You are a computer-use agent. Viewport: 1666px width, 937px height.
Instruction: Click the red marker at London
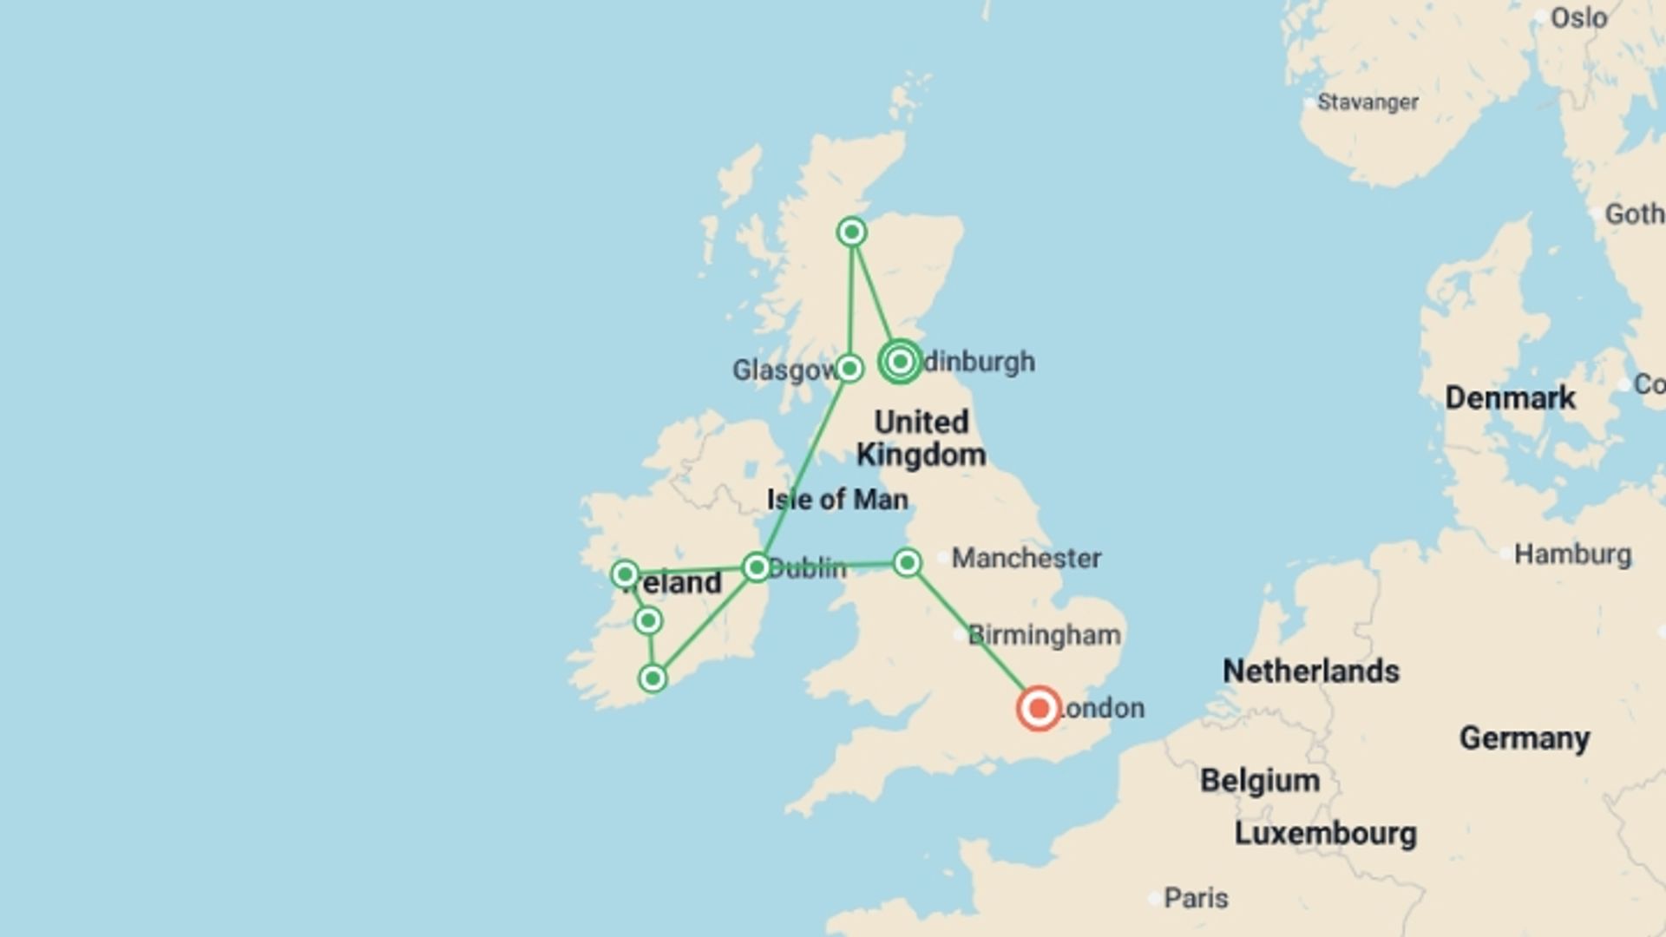click(x=1038, y=709)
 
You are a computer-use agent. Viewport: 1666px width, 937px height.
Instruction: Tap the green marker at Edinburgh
click(x=900, y=361)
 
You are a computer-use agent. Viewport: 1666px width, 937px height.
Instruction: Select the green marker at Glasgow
click(x=849, y=368)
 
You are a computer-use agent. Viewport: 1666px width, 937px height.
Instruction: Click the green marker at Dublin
click(x=757, y=567)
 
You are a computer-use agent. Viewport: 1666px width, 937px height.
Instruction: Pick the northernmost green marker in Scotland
click(x=852, y=232)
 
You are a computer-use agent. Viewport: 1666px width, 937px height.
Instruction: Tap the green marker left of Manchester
click(x=907, y=563)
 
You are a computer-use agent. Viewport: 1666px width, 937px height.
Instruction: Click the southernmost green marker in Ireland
click(x=653, y=678)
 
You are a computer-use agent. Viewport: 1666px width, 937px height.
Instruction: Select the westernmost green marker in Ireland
click(x=625, y=573)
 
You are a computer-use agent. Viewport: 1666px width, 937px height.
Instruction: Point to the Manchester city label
click(x=1026, y=558)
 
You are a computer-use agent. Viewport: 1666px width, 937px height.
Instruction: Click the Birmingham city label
click(x=1044, y=635)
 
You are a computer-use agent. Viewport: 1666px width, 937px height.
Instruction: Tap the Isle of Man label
click(x=837, y=500)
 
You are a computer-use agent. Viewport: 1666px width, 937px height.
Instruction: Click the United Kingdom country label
click(x=921, y=438)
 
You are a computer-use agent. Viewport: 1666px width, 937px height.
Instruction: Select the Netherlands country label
click(x=1310, y=671)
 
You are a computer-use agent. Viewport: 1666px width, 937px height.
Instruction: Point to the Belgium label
click(x=1260, y=781)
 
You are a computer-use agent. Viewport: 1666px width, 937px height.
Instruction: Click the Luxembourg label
click(x=1325, y=834)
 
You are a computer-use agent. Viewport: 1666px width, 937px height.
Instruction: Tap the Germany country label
click(x=1524, y=738)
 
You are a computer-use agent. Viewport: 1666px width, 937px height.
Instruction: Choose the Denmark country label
click(x=1510, y=398)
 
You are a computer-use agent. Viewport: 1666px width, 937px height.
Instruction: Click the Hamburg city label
click(x=1571, y=554)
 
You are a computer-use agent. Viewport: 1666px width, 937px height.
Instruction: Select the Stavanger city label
click(x=1368, y=102)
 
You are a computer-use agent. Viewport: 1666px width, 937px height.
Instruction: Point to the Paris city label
click(x=1195, y=898)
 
